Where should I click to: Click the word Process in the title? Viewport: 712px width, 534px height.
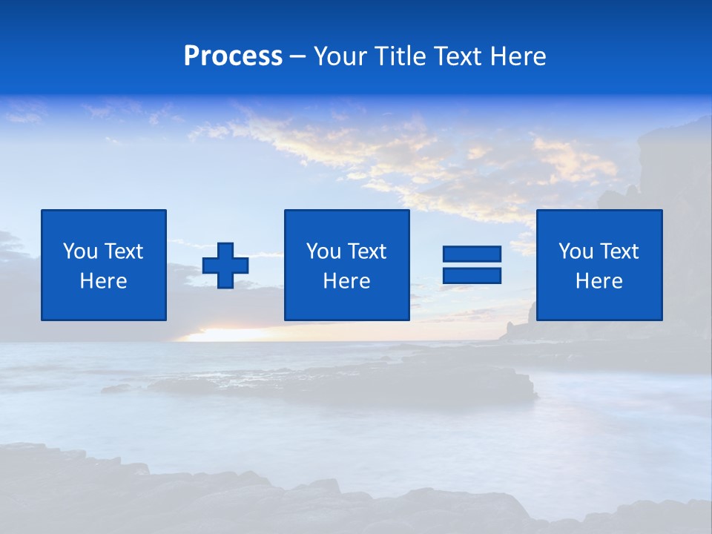point(233,56)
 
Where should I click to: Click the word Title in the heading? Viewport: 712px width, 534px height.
point(399,56)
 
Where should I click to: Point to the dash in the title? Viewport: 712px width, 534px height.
point(298,57)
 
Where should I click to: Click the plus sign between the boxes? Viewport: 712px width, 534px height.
point(225,266)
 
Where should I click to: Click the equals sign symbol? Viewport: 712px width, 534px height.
point(472,266)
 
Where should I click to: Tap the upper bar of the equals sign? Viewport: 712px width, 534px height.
point(472,254)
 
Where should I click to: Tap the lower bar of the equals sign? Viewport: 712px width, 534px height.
point(472,276)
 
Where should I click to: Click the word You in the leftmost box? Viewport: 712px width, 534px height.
point(79,251)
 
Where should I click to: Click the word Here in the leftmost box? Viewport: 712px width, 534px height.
point(104,281)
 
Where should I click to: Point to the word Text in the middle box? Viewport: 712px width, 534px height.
point(366,251)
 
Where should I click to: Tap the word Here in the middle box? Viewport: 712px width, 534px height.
point(347,281)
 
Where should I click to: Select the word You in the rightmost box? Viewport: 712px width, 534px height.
point(575,251)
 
